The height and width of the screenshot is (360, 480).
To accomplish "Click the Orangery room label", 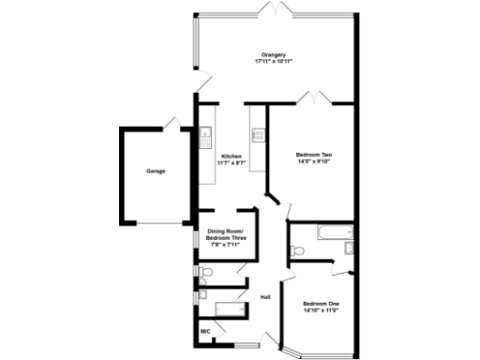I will [274, 54].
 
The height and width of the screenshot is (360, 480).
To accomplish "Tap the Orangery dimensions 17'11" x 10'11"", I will [274, 62].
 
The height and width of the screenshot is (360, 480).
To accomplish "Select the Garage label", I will [156, 171].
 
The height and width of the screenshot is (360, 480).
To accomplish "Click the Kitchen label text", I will [232, 156].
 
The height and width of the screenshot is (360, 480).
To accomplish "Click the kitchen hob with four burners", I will [256, 135].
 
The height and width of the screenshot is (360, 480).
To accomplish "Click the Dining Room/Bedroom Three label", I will [226, 234].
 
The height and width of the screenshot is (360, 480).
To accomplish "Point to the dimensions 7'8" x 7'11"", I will [226, 247].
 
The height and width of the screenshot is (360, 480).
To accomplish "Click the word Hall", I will [265, 298].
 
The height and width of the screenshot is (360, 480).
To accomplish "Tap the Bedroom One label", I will [320, 304].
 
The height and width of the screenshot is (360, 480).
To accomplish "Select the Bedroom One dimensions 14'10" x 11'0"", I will [320, 311].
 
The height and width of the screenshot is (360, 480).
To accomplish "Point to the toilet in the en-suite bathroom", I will [297, 250].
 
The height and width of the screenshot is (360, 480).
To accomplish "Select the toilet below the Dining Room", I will [205, 273].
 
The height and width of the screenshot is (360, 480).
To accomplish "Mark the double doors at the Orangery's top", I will [273, 9].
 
